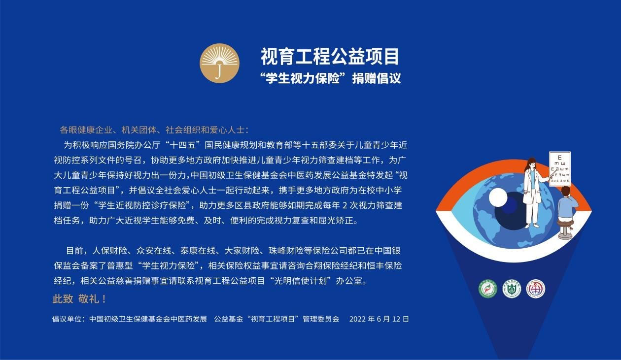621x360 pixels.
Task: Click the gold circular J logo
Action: tap(220, 63)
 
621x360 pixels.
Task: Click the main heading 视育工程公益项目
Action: tap(330, 57)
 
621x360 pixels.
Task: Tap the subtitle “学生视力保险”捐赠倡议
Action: tap(330, 79)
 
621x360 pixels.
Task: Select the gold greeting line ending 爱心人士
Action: tap(154, 130)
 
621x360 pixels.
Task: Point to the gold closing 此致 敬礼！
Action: tap(79, 299)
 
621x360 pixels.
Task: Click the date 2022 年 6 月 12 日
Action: tap(379, 319)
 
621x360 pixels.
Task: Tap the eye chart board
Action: tap(560, 168)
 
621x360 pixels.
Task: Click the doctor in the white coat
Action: tap(532, 193)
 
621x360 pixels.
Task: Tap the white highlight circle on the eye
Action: tap(498, 197)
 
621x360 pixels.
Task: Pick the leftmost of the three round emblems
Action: tap(488, 289)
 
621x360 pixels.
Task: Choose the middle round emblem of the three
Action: tap(512, 289)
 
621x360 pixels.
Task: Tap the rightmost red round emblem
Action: tap(536, 289)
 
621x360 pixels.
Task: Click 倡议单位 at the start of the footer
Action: tap(67, 319)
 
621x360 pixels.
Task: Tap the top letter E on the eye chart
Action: tap(560, 158)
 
